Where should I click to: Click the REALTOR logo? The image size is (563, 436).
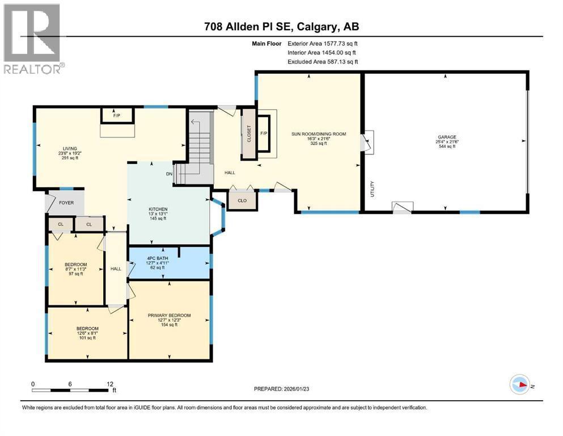coord(32,39)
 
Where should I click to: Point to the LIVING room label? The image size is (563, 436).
coord(70,149)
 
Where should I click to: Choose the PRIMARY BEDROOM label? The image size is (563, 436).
coord(169,316)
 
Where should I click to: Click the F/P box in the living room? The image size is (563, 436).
coord(117,116)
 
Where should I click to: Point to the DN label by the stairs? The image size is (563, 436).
coord(168,174)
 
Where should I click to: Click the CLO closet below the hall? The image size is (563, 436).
coord(242,200)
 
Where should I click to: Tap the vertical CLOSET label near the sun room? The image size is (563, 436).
coord(248,134)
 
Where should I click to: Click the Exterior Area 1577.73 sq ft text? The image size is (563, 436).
coord(323,43)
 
